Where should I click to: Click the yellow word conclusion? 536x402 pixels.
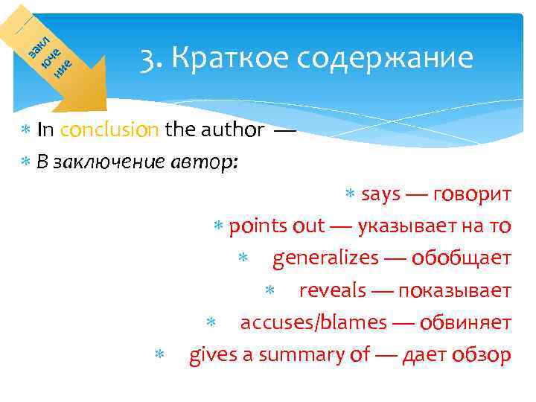coord(109,130)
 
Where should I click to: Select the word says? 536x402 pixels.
coord(381,195)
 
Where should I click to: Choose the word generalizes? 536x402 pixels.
coord(325,258)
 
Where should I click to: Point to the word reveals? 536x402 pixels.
coord(332,290)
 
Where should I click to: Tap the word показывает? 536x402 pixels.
coord(455,290)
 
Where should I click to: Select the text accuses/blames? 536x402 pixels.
coord(313,323)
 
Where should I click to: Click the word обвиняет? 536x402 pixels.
coord(465,323)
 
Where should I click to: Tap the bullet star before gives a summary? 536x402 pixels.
coord(157,357)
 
